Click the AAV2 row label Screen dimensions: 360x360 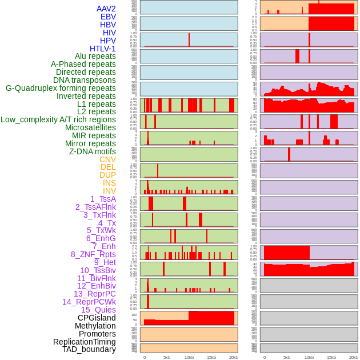click(x=106, y=9)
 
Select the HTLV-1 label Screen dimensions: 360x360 click(x=103, y=49)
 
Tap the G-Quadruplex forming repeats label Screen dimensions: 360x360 click(x=61, y=88)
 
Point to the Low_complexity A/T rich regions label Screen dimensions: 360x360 click(x=58, y=119)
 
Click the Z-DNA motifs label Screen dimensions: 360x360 click(x=93, y=151)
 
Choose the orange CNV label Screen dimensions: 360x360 click(x=107, y=159)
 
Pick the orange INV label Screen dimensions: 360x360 click(x=109, y=191)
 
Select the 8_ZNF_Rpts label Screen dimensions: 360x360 click(x=93, y=254)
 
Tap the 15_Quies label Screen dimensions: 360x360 click(x=98, y=310)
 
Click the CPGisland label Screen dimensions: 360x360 click(x=97, y=318)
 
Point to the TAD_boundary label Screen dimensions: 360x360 click(x=89, y=349)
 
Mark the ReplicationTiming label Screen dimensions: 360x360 click(x=85, y=342)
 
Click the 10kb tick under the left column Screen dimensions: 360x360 click(x=189, y=357)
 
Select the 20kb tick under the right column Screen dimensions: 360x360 click(x=354, y=357)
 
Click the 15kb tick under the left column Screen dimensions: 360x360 click(x=211, y=357)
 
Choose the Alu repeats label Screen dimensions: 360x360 click(x=95, y=56)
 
